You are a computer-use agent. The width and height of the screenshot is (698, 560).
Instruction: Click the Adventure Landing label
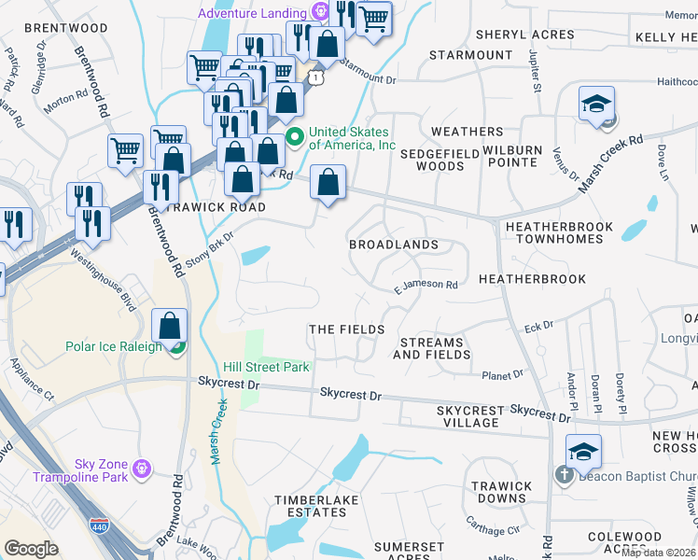pos(251,13)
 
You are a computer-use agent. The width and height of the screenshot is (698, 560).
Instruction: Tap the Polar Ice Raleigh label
pos(113,346)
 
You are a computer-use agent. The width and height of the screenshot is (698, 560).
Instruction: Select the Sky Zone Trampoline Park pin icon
pos(142,467)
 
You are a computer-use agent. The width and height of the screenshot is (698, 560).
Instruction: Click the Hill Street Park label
pos(266,367)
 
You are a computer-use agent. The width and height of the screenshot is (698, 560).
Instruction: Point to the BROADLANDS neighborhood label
pos(393,245)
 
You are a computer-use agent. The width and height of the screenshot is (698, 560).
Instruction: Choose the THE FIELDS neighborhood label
pos(346,329)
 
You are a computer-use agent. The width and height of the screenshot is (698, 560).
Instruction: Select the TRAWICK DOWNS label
pos(501,492)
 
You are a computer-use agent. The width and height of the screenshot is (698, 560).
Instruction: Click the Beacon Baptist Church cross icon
pos(565,474)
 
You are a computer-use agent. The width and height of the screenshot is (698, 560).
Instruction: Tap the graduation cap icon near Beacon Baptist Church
pos(583,453)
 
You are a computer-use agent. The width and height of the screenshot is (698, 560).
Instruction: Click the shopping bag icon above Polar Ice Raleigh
pos(170,327)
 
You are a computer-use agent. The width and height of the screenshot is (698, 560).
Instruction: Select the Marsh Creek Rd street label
pos(611,164)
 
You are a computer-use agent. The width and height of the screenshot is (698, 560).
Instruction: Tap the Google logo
pos(31,549)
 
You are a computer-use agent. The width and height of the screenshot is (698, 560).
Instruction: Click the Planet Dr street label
pos(503,375)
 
